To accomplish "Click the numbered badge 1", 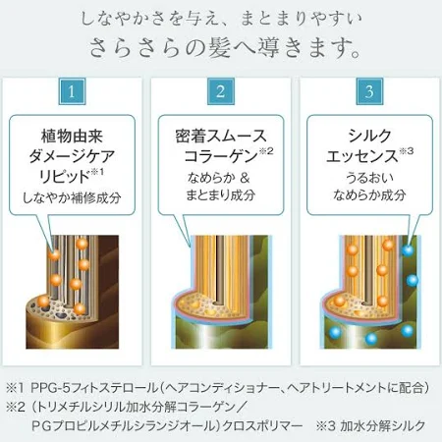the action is click(72, 91).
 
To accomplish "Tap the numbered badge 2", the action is click(221, 91).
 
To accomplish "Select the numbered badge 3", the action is click(369, 91).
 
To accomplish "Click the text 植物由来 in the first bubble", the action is click(72, 136).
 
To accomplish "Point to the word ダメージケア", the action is click(72, 156).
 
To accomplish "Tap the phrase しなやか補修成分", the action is click(72, 197).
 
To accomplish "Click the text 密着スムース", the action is click(221, 136).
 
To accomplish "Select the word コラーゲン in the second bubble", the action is click(221, 156).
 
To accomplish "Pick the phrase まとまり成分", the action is click(221, 195).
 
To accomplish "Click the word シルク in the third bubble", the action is click(369, 136).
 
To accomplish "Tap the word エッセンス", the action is click(362, 156).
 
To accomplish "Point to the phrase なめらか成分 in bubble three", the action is click(369, 195).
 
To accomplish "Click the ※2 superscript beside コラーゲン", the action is click(266, 151).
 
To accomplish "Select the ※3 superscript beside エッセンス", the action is click(407, 151).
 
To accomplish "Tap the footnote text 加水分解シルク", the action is click(383, 426).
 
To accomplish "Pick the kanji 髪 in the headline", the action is click(219, 48).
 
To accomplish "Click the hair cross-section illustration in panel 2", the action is click(221, 292).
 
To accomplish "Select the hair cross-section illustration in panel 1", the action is click(73, 292).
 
